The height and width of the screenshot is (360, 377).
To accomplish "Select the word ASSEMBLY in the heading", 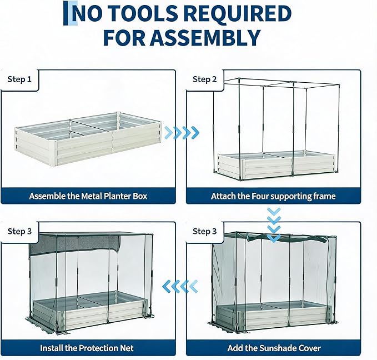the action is coord(207,38).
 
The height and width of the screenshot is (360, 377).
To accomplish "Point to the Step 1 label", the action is coord(19,79).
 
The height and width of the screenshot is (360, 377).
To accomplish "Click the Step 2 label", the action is coord(205,79).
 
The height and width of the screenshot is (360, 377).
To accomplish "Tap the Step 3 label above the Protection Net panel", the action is coord(19,231).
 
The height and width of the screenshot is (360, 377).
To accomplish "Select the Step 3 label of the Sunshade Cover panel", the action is coord(205,231).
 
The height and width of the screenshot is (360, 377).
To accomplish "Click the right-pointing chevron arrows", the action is coord(182,133).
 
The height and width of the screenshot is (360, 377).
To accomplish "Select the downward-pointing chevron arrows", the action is coord(274,225).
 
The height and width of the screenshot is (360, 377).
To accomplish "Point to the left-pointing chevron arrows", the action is coord(180,287).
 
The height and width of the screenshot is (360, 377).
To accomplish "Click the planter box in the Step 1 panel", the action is coord(88,138).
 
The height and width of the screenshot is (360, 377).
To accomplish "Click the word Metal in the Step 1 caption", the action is coord(92,196).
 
